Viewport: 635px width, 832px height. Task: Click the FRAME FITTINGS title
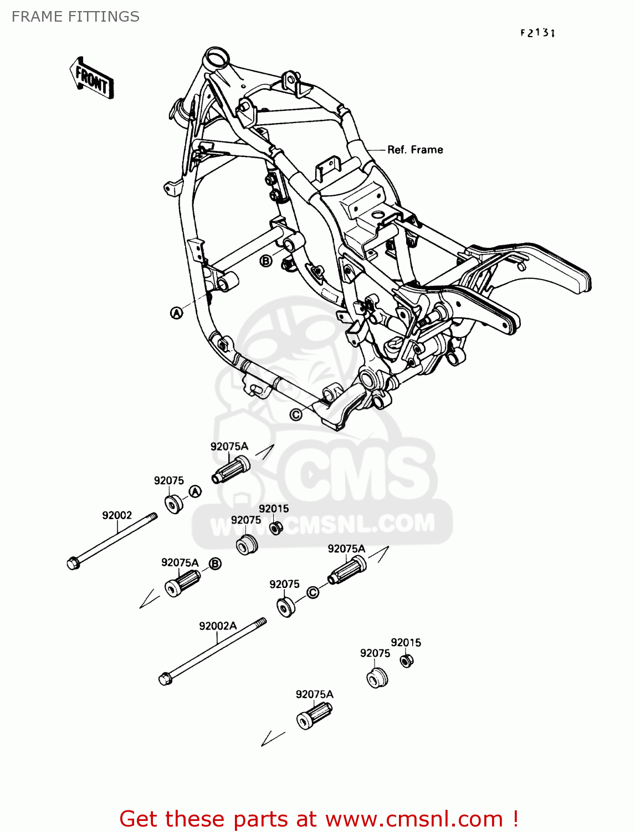(75, 17)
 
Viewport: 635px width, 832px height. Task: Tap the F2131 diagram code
(537, 33)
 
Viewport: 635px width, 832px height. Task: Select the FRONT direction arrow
(91, 79)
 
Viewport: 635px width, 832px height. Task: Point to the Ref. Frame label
(415, 150)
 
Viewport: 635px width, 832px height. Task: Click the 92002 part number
(117, 515)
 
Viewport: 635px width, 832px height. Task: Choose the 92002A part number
(218, 626)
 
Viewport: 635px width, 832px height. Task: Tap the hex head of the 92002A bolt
(165, 679)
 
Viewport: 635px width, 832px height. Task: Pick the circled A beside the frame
(176, 313)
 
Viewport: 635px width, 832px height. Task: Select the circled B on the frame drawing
(266, 261)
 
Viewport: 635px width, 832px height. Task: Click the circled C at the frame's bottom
(296, 415)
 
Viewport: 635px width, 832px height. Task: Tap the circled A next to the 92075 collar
(194, 491)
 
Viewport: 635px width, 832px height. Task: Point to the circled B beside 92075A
(215, 564)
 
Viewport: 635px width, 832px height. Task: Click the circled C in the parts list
(313, 593)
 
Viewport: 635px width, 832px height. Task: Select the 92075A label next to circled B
(180, 562)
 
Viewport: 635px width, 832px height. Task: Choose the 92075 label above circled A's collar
(168, 480)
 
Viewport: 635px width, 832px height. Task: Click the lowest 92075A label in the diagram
(314, 694)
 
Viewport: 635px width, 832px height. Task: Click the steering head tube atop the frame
(216, 57)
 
